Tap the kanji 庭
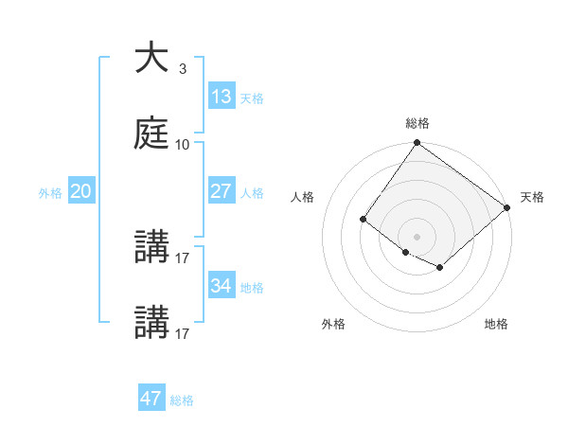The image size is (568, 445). pyautogui.click(x=151, y=134)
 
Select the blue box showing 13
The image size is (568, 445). pyautogui.click(x=222, y=97)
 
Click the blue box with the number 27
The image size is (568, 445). pyautogui.click(x=222, y=191)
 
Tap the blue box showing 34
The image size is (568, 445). pyautogui.click(x=222, y=286)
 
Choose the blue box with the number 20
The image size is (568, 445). pyautogui.click(x=81, y=191)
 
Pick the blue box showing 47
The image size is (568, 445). pyautogui.click(x=151, y=399)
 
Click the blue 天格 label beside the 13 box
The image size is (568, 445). pyautogui.click(x=252, y=98)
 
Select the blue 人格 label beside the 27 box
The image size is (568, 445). pyautogui.click(x=252, y=193)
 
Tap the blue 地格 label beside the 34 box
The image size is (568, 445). pyautogui.click(x=252, y=288)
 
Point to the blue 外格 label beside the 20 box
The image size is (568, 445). pyautogui.click(x=50, y=193)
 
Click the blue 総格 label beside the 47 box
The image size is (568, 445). pyautogui.click(x=182, y=400)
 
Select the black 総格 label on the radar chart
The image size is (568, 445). pyautogui.click(x=417, y=123)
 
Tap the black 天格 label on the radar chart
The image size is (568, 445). pyautogui.click(x=532, y=197)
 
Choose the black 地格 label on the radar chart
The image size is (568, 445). pyautogui.click(x=496, y=324)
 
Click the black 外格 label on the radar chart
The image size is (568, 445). pyautogui.click(x=333, y=324)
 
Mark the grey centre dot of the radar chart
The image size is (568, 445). pyautogui.click(x=417, y=236)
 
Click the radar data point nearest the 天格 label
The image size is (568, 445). pyautogui.click(x=507, y=208)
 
